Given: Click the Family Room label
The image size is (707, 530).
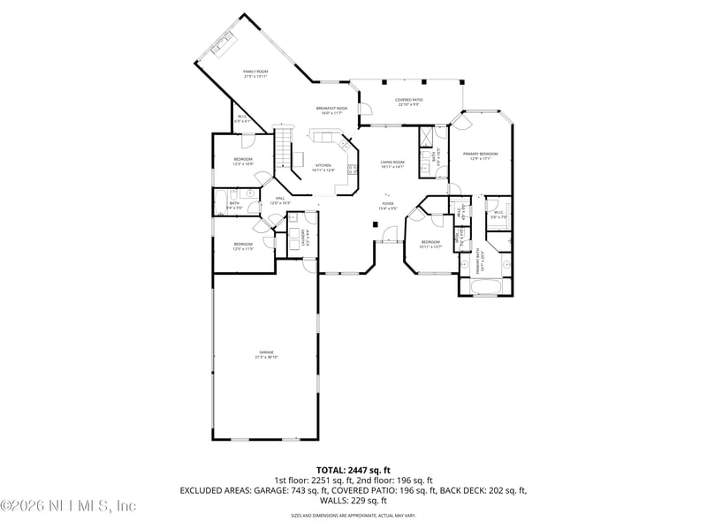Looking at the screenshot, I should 255,73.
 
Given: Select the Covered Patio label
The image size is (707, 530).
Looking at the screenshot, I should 408,102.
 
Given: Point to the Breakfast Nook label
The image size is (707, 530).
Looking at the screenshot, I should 332,110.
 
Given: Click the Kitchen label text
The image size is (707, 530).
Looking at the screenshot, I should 324,168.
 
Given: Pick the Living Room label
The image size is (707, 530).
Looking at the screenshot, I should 392,163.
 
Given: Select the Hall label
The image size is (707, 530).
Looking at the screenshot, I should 279,201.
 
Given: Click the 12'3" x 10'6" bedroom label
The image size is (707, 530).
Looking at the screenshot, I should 243,162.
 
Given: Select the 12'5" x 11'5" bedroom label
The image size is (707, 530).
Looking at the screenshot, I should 243,246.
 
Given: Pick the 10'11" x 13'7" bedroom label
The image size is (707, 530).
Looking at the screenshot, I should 430,244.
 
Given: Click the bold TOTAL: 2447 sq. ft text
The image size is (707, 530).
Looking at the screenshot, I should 353,470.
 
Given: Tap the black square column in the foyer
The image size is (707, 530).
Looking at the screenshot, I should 376,224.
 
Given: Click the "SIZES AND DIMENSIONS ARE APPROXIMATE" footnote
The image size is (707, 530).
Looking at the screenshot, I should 353,515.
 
